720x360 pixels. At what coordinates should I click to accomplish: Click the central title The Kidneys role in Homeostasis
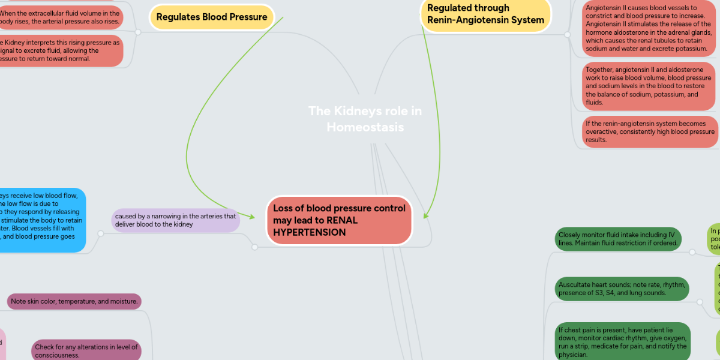(x=365, y=119)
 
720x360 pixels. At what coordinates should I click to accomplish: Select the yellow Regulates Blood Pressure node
(x=211, y=17)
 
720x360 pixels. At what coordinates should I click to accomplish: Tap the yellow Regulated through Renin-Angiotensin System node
(x=485, y=14)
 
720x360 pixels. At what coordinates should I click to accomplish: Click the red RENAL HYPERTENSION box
(x=339, y=220)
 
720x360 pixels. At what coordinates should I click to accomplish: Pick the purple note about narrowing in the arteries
(x=175, y=220)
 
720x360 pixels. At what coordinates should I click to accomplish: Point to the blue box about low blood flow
(x=42, y=220)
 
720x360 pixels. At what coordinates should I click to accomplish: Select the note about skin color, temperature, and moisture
(x=74, y=301)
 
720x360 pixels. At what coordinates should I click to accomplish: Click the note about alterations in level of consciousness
(x=86, y=351)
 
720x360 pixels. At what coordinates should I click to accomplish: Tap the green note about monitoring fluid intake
(x=619, y=238)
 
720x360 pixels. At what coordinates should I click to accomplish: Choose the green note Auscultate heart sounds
(x=620, y=288)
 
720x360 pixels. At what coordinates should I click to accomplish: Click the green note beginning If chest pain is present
(x=622, y=341)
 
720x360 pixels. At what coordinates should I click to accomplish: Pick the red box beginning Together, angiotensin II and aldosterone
(x=649, y=86)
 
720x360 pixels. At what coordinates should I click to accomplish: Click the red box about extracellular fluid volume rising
(x=60, y=17)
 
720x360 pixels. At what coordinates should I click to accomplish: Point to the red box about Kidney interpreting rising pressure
(x=60, y=51)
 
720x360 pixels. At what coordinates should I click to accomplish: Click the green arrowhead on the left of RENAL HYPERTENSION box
(x=259, y=211)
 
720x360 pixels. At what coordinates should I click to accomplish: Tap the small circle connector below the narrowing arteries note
(x=255, y=247)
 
